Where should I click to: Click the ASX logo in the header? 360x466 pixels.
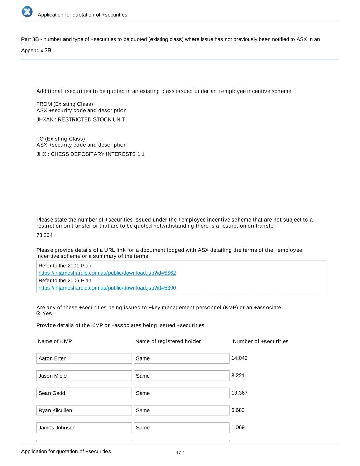coord(27,12)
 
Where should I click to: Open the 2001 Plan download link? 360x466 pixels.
coord(107,273)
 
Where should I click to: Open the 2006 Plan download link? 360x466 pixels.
coord(107,288)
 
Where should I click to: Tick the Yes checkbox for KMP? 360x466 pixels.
coord(39,313)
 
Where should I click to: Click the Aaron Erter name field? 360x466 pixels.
coord(84,358)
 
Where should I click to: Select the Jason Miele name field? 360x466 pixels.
coord(84,376)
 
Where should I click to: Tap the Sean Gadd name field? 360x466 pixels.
coord(84,393)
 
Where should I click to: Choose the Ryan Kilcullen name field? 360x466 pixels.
coord(84,410)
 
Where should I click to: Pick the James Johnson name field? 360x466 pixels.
coord(84,428)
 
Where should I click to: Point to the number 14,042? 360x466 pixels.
coord(240,358)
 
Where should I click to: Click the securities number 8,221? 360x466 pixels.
coord(238,376)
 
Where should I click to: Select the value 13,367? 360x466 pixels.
coord(240,393)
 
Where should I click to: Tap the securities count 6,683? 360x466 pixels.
coord(238,410)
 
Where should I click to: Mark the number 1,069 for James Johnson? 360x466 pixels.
coord(238,427)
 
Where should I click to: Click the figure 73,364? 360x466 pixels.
coord(44,235)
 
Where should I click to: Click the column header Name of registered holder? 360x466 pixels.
coord(168,341)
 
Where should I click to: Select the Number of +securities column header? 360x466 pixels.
coord(260,341)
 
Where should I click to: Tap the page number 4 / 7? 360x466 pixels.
coord(180,452)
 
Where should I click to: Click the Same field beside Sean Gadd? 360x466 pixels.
coord(182,393)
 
